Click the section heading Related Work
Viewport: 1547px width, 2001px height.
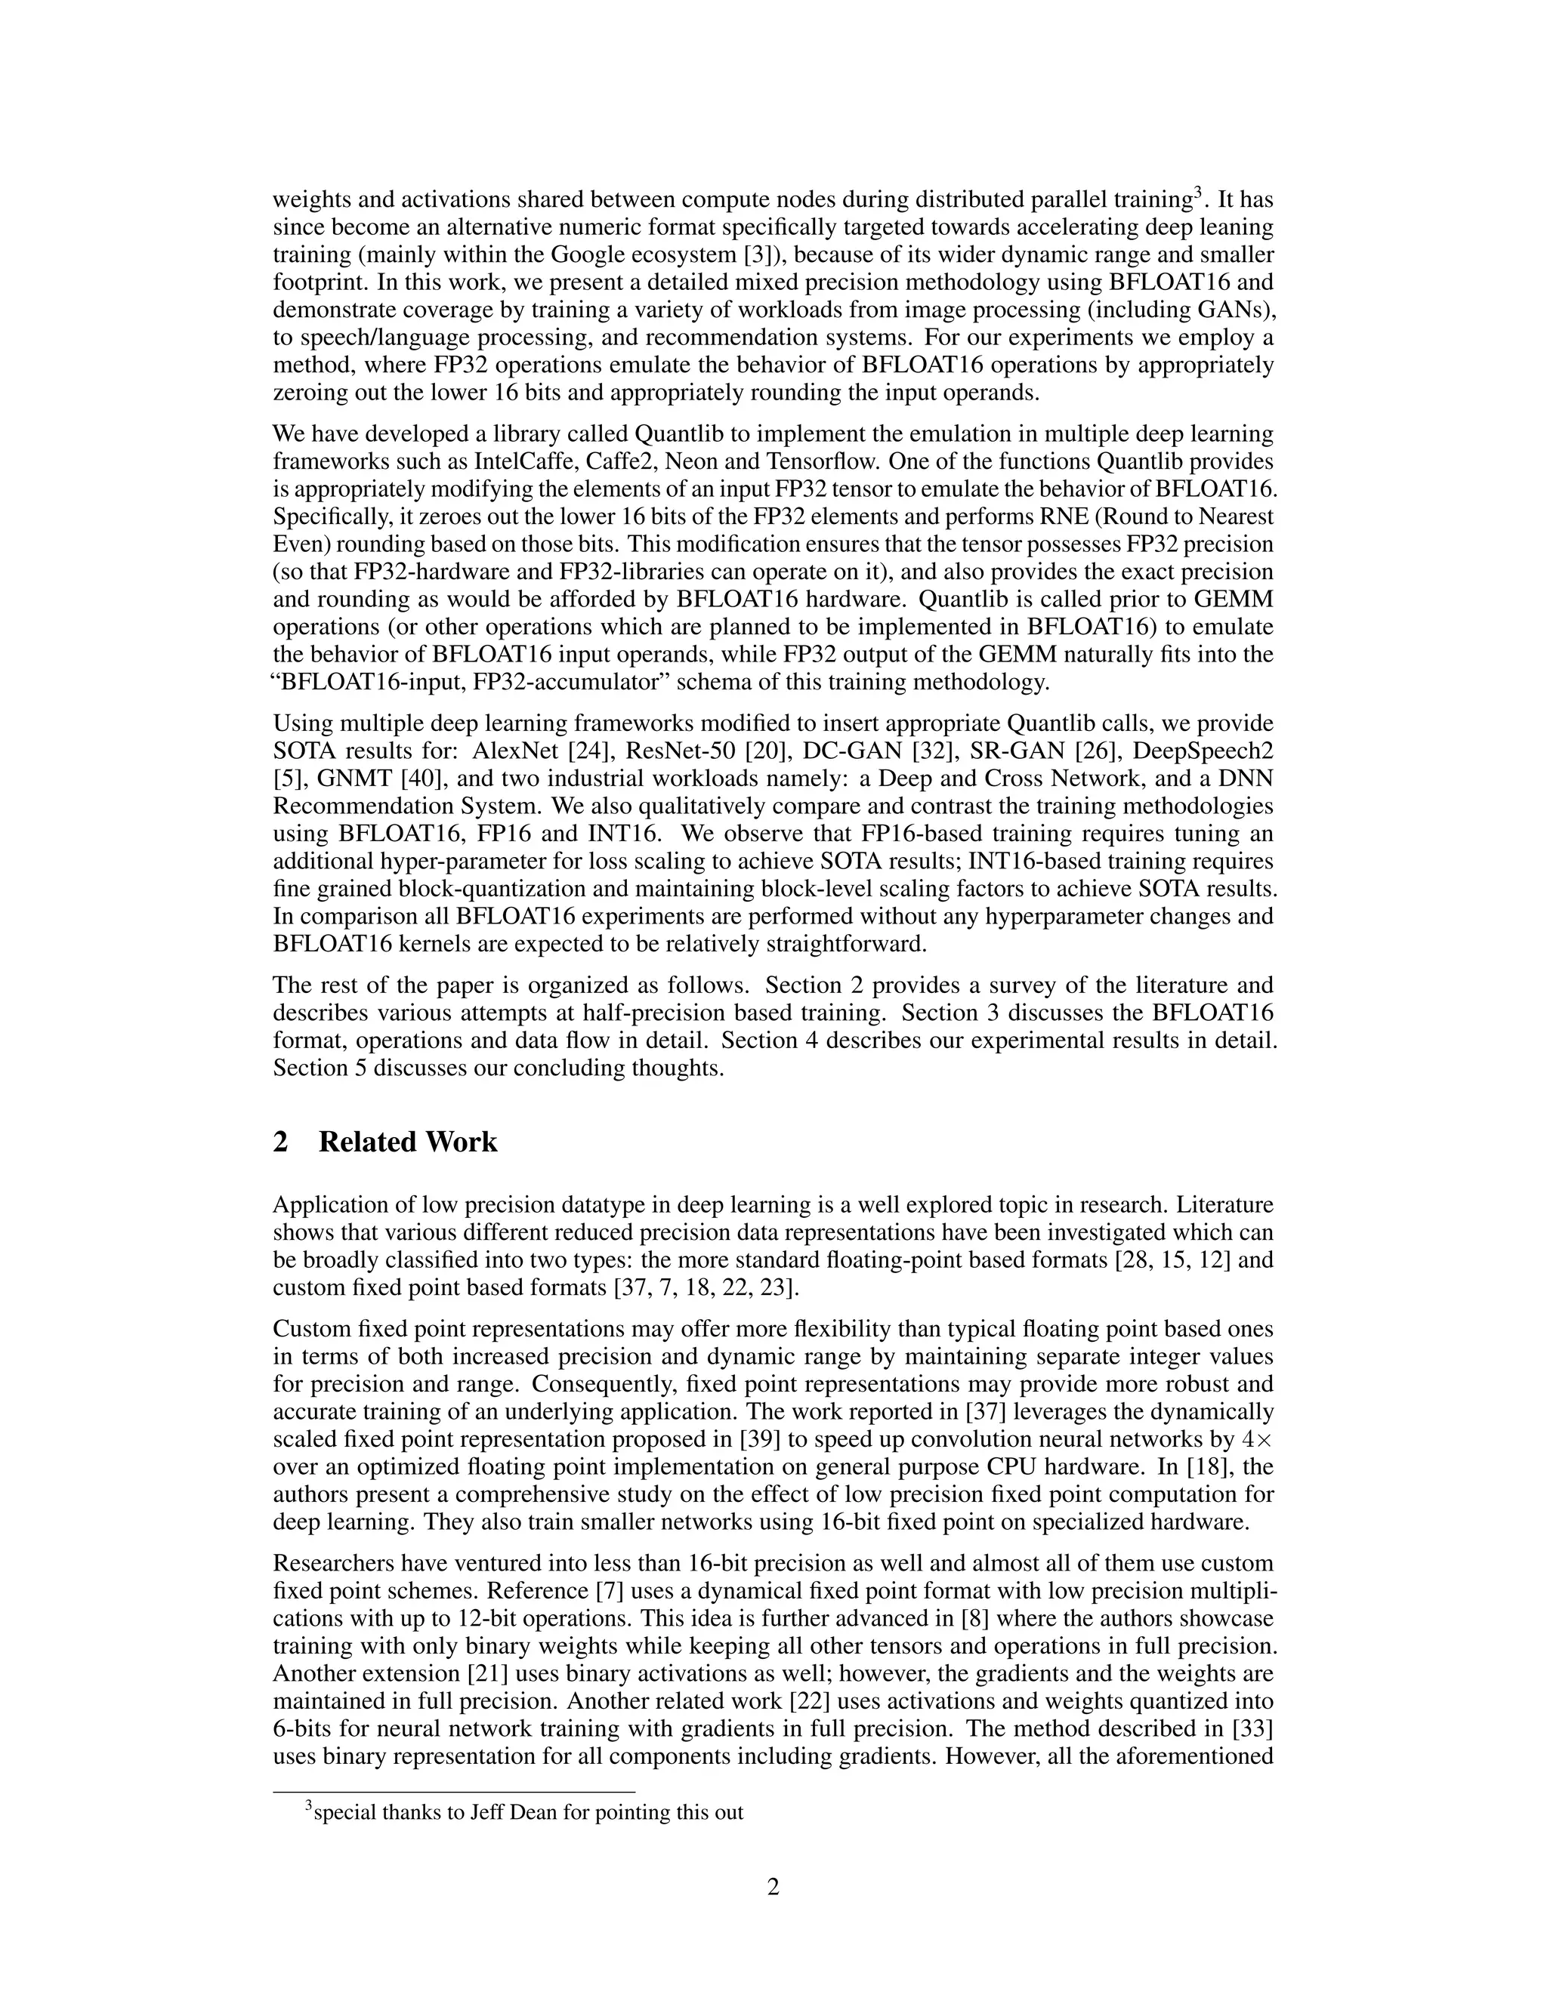point(407,1142)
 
